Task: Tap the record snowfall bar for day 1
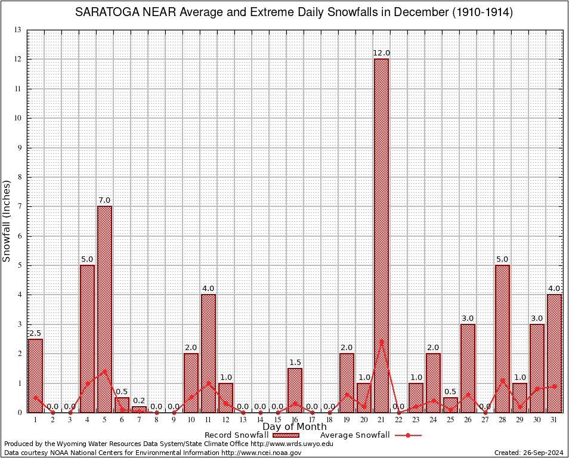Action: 35,376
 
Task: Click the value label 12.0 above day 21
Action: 381,53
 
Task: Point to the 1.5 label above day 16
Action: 295,362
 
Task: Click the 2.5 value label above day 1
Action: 35,333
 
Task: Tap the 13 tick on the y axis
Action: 17,30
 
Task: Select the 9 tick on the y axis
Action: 19,147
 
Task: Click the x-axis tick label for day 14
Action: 260,420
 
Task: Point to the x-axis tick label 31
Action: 554,420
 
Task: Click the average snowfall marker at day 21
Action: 381,341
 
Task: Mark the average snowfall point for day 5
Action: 104,370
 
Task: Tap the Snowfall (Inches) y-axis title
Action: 7,221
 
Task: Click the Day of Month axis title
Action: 295,427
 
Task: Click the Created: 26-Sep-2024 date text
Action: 529,453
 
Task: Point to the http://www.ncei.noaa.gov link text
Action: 261,453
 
